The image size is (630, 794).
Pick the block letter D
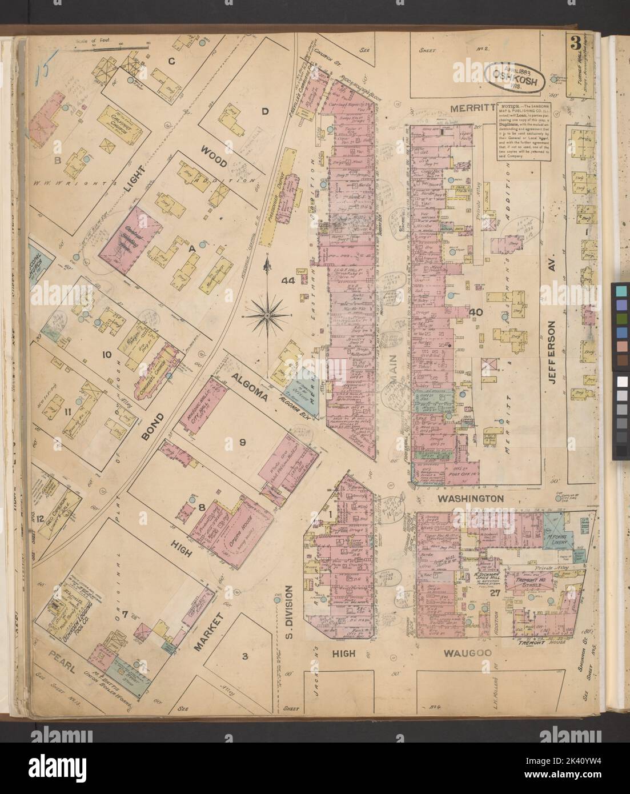(x=264, y=111)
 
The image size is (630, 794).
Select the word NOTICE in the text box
(x=512, y=107)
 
